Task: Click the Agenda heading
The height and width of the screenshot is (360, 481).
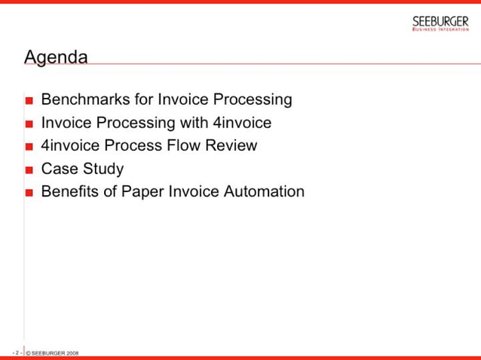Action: pos(56,57)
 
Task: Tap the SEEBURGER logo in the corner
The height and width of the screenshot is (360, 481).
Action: pos(440,23)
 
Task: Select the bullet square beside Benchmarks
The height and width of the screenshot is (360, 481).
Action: pos(29,101)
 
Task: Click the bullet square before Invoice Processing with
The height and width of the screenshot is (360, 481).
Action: pos(29,124)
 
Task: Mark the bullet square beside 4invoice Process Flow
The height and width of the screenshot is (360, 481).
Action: pos(29,147)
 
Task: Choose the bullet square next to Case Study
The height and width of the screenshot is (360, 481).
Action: pos(29,170)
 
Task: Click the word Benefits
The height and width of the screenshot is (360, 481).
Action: pos(69,191)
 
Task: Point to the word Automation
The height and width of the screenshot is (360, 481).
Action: pos(264,191)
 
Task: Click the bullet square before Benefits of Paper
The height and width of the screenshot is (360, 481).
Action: pos(29,193)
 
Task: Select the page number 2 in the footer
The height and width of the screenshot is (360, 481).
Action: pos(17,352)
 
